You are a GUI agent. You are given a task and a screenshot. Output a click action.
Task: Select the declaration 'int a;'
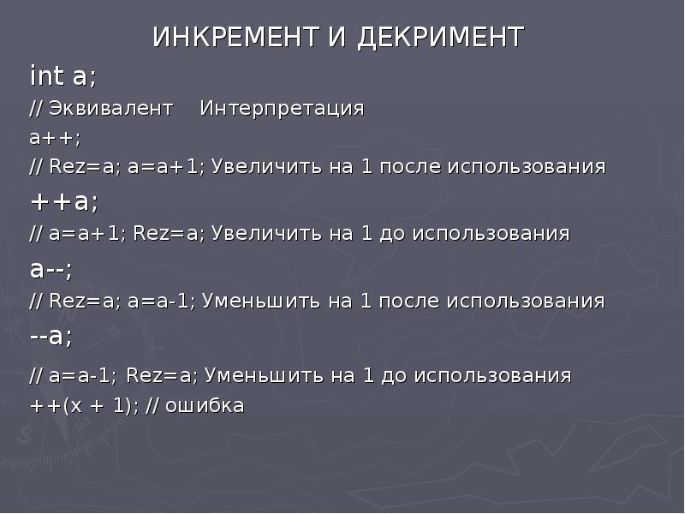coord(63,77)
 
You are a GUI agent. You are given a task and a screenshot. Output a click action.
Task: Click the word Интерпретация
coord(282,110)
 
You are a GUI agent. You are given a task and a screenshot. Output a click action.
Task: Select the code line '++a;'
coord(64,201)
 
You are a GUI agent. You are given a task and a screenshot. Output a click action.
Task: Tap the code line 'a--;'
coord(51,268)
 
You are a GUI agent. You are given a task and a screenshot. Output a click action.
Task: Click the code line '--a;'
coord(51,336)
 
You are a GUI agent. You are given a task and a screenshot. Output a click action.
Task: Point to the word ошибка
coord(205,406)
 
